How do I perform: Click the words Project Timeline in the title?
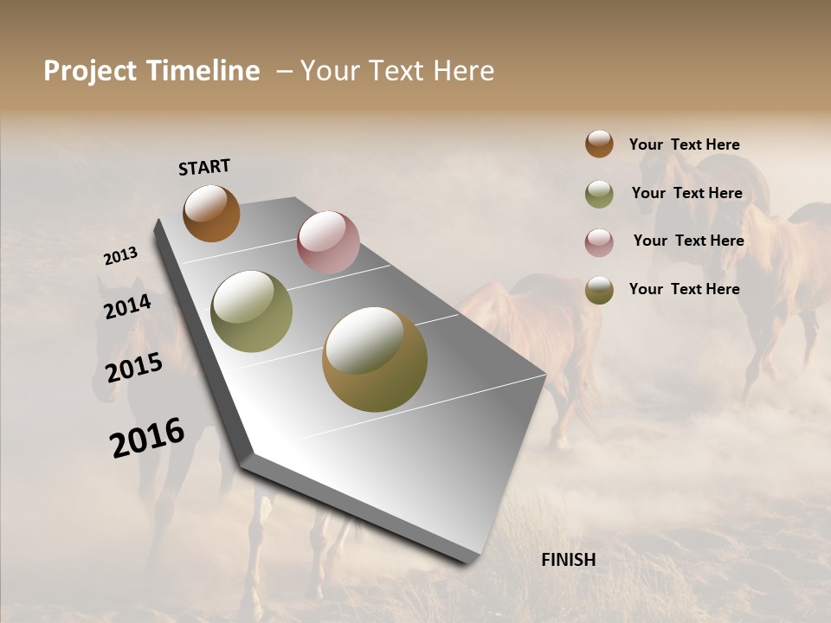151,71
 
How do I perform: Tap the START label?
204,167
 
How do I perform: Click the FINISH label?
568,560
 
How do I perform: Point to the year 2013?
120,256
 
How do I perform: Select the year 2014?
127,306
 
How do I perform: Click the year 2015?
133,368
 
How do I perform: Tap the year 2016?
147,437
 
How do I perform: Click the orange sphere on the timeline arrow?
211,213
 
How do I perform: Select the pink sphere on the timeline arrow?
328,242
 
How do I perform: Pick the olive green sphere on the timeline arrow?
251,311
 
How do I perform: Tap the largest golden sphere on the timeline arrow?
375,359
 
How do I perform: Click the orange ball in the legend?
599,144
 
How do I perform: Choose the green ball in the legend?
599,194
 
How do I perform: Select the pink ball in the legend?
599,242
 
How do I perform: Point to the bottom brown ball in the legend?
599,290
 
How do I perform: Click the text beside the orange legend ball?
684,145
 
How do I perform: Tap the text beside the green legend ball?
686,193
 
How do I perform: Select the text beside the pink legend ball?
688,241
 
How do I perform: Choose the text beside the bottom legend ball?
684,289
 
